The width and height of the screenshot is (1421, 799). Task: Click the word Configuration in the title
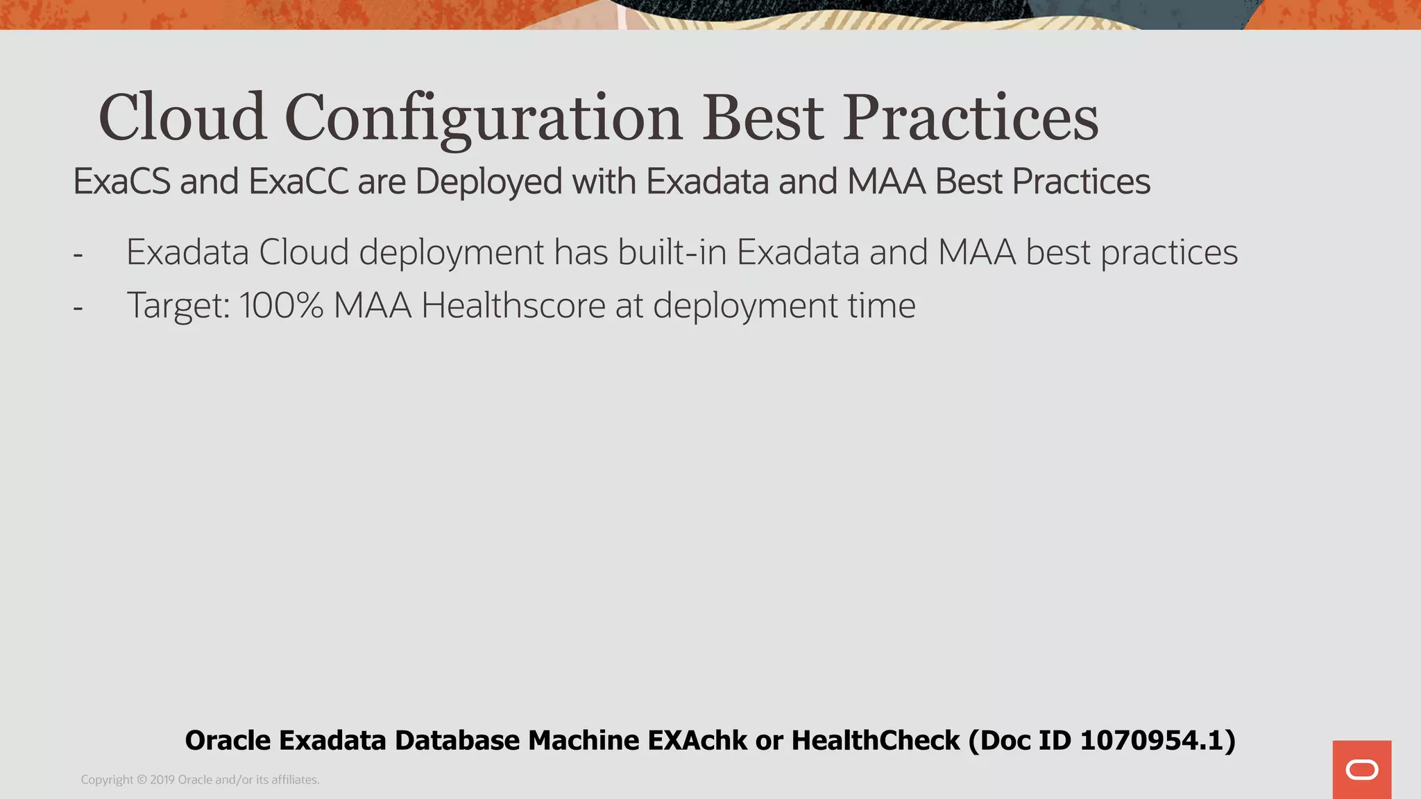(x=484, y=118)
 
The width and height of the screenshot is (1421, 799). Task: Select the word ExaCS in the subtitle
(x=121, y=182)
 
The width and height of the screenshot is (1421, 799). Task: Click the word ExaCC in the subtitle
(x=298, y=182)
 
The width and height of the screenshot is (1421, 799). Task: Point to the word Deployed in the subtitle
(x=488, y=182)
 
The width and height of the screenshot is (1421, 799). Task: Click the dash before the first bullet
(x=78, y=254)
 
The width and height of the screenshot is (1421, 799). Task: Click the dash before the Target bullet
(x=78, y=307)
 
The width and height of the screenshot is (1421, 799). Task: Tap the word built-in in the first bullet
(x=672, y=252)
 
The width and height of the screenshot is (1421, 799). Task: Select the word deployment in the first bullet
(x=451, y=253)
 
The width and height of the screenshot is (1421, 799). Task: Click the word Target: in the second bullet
(x=178, y=306)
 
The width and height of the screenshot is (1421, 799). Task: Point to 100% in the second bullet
(x=281, y=305)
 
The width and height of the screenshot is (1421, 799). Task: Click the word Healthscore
(x=513, y=305)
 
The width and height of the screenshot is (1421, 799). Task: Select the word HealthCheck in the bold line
(x=876, y=741)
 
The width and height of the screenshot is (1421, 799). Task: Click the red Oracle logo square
(x=1361, y=769)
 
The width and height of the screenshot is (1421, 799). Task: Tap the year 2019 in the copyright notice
(x=162, y=780)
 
